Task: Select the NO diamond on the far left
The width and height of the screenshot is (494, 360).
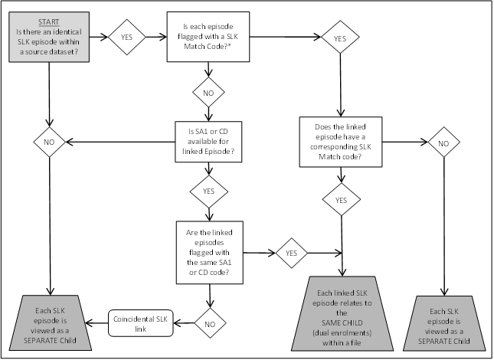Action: tap(47, 142)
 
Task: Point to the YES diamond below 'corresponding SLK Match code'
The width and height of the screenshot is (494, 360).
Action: tap(341, 201)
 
